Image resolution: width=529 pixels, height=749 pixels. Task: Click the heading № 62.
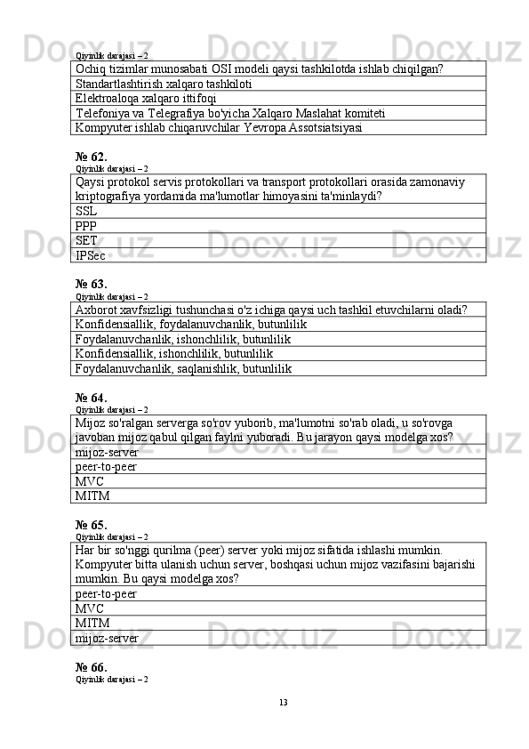(x=92, y=156)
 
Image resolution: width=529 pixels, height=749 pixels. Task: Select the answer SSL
(x=86, y=211)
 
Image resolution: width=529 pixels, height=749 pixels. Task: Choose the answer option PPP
(x=86, y=226)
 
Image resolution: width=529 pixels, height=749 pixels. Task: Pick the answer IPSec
(x=91, y=255)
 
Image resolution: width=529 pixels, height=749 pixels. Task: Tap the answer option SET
(x=86, y=240)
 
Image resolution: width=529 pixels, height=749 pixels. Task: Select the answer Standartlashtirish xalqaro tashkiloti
(x=164, y=84)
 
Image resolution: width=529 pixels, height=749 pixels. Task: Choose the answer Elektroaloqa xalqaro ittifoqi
(x=146, y=98)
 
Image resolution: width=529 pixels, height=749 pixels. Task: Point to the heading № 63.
(x=92, y=285)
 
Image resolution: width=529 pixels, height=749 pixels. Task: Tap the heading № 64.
(x=92, y=397)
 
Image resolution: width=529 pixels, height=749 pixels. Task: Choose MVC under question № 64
(x=90, y=481)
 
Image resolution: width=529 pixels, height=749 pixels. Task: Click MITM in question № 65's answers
(x=92, y=623)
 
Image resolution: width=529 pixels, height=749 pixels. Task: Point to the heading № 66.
(x=92, y=667)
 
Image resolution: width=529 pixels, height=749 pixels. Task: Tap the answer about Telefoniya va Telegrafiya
(x=230, y=113)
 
